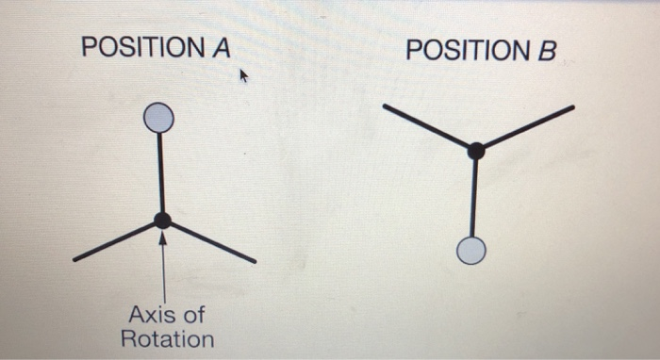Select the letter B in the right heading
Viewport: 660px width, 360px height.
point(547,49)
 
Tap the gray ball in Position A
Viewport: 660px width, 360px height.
point(159,118)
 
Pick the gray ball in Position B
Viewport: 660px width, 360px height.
point(470,251)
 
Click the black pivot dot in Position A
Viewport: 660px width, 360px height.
point(163,221)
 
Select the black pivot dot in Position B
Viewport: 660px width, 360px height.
point(476,150)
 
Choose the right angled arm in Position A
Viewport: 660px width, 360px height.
point(211,241)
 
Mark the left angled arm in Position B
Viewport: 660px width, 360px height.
point(429,128)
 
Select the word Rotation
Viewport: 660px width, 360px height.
point(167,338)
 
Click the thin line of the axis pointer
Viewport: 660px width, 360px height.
point(164,273)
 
